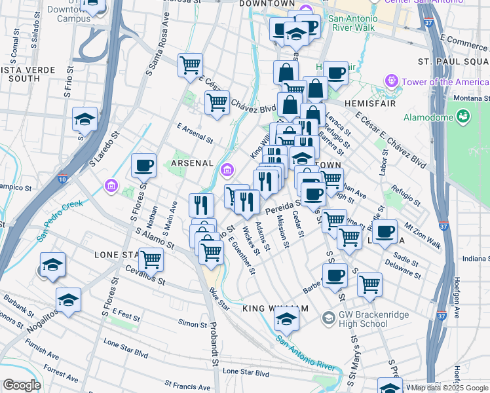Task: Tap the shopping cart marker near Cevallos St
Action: [151, 259]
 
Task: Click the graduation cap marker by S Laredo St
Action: [85, 119]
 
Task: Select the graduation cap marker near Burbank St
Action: [68, 299]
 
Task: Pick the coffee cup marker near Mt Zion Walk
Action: [386, 231]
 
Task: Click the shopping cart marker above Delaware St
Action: [369, 284]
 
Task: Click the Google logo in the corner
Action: [22, 385]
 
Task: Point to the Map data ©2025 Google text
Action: [449, 388]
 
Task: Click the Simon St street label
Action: [193, 324]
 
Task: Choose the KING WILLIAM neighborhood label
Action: [274, 308]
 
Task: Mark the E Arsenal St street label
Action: [195, 136]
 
